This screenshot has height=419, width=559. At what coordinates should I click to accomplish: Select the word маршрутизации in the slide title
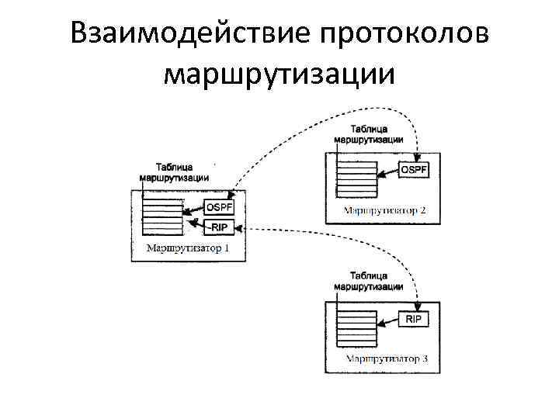pyautogui.click(x=279, y=74)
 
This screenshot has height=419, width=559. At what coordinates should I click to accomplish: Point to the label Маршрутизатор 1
pyautogui.click(x=188, y=249)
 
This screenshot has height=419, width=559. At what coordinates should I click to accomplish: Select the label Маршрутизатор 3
pyautogui.click(x=386, y=359)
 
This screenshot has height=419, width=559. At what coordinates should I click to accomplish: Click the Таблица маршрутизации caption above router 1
pyautogui.click(x=175, y=171)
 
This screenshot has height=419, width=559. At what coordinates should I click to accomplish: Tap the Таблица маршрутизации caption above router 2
pyautogui.click(x=368, y=133)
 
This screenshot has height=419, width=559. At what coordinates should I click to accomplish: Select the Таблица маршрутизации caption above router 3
pyautogui.click(x=368, y=281)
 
